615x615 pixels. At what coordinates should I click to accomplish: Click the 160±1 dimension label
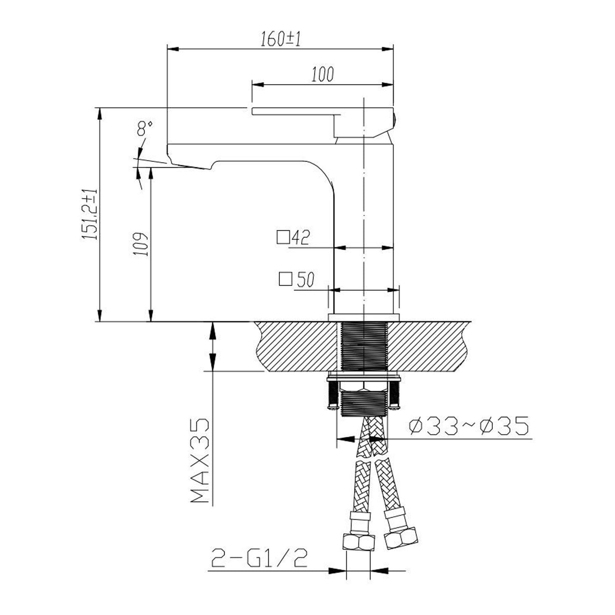coord(281,39)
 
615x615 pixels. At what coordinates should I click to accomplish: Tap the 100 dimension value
coord(322,74)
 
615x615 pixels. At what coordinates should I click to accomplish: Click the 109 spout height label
coord(141,244)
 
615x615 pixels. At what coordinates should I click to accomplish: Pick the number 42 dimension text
coord(300,237)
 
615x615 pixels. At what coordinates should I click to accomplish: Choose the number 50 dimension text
coord(305,279)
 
